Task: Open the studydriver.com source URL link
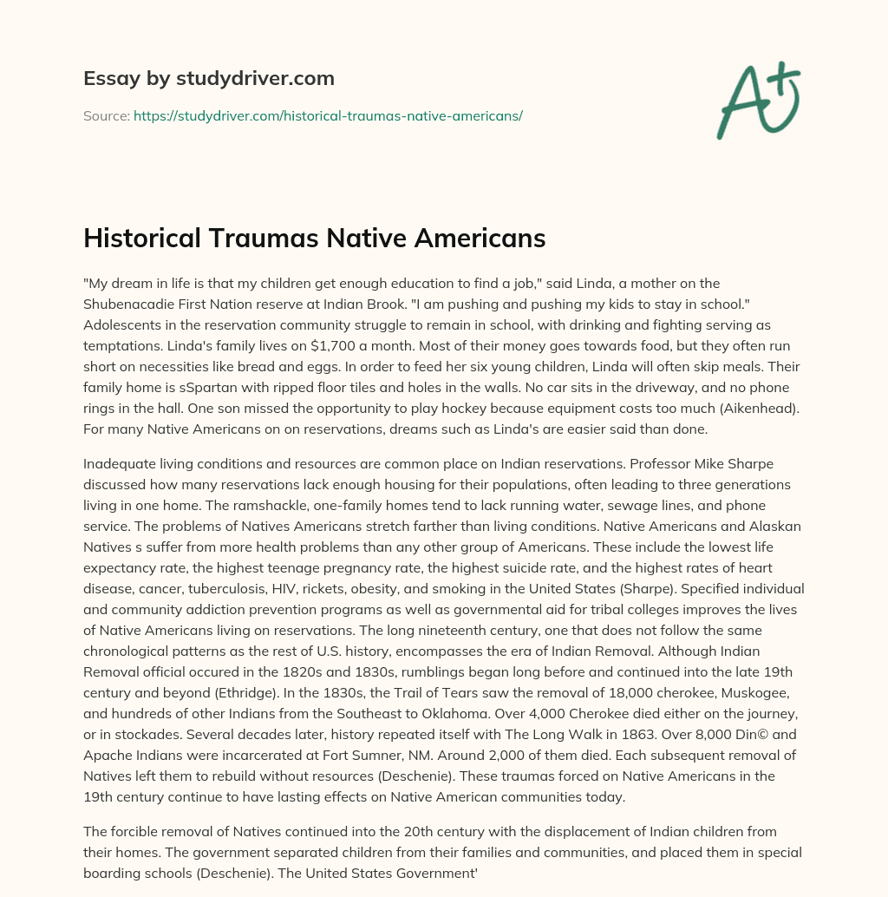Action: point(328,115)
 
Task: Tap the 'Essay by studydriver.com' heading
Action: point(208,78)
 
